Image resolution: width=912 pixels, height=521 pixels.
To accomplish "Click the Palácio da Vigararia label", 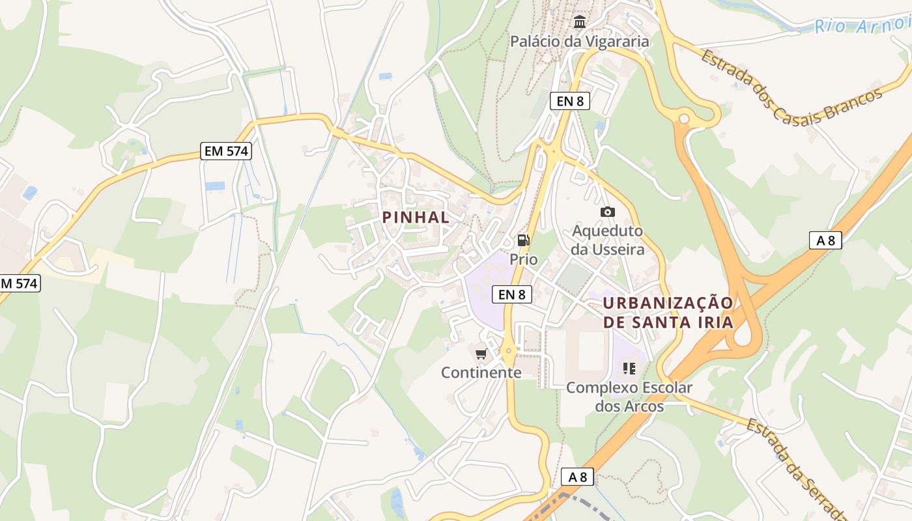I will (x=579, y=42).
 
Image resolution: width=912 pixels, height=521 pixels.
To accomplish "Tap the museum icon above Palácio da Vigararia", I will (x=579, y=23).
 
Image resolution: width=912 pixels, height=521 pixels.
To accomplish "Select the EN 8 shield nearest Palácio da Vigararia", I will (x=565, y=101).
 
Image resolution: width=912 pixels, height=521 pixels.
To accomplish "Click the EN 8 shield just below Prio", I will (x=512, y=294).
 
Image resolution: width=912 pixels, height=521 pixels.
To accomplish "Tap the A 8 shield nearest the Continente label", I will (x=577, y=477).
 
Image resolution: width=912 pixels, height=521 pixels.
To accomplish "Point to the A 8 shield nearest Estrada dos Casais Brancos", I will (x=825, y=240).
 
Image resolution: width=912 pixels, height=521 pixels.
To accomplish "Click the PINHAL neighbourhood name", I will (x=416, y=218).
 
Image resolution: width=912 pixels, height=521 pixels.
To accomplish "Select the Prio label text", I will (x=524, y=259).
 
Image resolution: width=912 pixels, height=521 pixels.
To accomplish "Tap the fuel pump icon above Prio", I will (x=523, y=240).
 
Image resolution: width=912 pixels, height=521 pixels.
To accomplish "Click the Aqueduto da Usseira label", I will (x=607, y=240).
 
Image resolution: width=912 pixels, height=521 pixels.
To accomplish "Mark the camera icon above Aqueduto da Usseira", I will (x=607, y=212).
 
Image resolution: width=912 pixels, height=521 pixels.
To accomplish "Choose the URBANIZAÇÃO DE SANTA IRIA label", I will (x=668, y=313).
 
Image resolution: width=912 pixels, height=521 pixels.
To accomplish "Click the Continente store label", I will (x=481, y=373).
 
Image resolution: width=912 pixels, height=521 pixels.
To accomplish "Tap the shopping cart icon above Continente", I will (x=481, y=354).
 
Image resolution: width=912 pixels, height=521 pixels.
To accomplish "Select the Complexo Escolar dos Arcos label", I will (x=629, y=397).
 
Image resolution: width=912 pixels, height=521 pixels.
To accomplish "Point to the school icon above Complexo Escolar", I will (x=629, y=369).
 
